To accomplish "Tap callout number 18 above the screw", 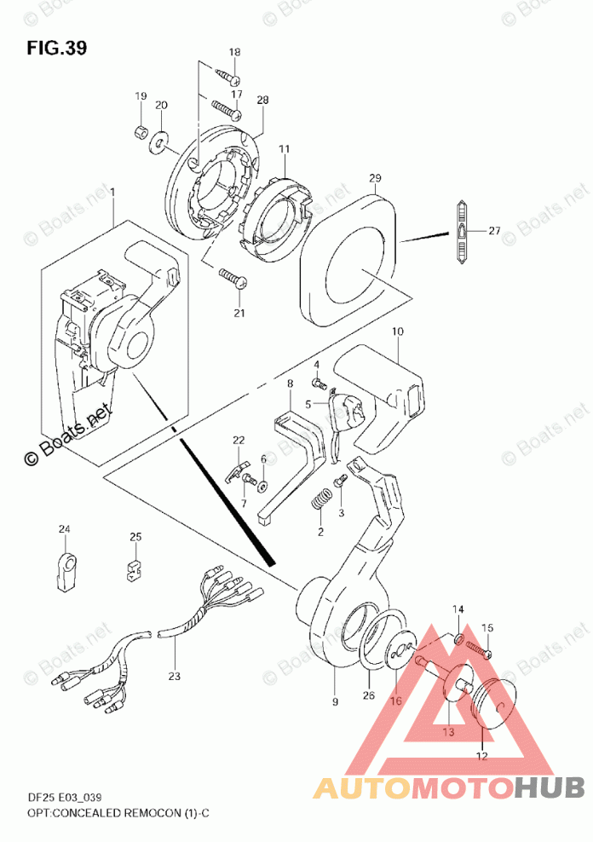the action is pos(235,53).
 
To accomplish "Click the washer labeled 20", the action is pos(160,139).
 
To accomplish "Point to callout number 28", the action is pos(262,100).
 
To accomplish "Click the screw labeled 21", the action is pos(233,278).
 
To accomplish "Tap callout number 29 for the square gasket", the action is pos(375,178).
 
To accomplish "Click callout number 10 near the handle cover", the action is pos(397,330).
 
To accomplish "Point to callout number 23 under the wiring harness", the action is pos(175,678).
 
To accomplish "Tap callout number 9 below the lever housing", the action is pos(335,701).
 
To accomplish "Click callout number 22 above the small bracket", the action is pos(239,440).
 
